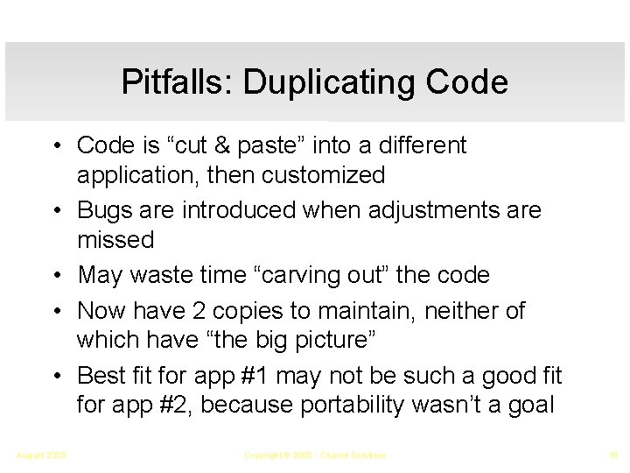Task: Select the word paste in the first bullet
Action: (x=279, y=145)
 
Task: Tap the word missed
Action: (x=115, y=239)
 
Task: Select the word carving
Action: (x=307, y=275)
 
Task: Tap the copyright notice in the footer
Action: (x=314, y=455)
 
